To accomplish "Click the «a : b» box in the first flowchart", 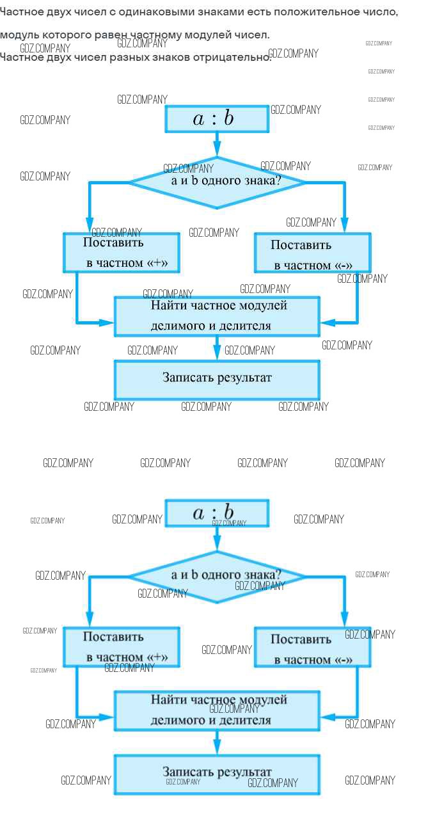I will coord(216,118).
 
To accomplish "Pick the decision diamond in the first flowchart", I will coord(217,182).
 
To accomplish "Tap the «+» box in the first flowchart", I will coord(121,252).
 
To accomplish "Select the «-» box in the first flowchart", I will coord(312,253).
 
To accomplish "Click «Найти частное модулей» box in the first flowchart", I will coord(217,315).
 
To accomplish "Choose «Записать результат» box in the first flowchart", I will coord(217,379).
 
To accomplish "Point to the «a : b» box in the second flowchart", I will coord(216,513).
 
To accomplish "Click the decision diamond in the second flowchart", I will coord(217,576).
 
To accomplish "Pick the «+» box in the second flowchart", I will coord(121,646).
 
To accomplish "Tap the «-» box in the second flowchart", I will coord(312,648).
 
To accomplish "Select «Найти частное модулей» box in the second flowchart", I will coord(217,710).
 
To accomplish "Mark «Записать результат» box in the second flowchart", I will coord(217,774).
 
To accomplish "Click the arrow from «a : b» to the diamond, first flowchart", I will coord(217,145).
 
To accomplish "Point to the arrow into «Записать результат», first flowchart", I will coord(217,348).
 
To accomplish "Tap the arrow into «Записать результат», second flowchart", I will coord(217,742).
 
